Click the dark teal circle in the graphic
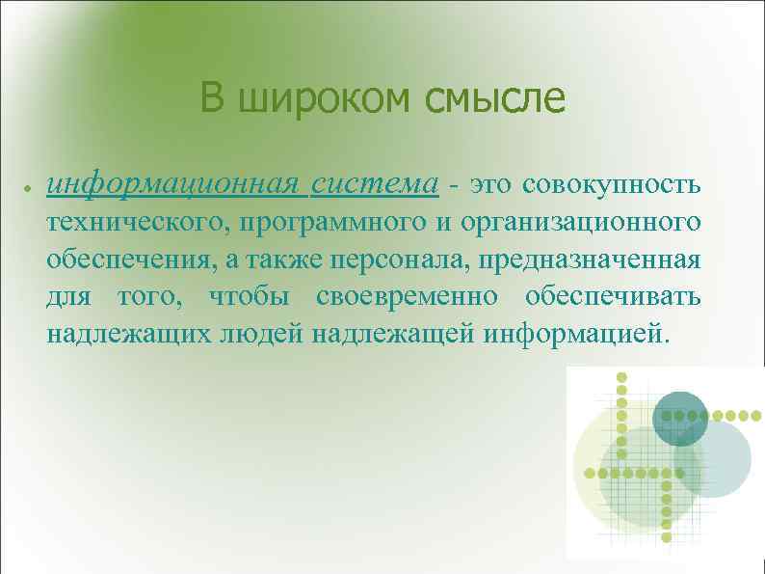coord(680,416)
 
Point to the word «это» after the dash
coord(495,183)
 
